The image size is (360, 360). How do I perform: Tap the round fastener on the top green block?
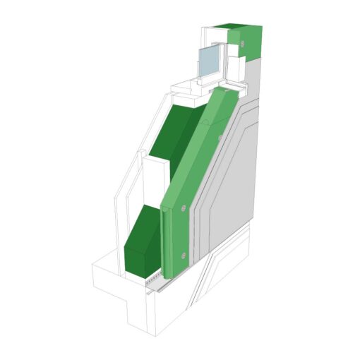pos(242,44)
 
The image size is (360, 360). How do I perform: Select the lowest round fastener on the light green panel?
pos(184,255)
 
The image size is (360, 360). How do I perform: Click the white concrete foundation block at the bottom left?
pos(113,279)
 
